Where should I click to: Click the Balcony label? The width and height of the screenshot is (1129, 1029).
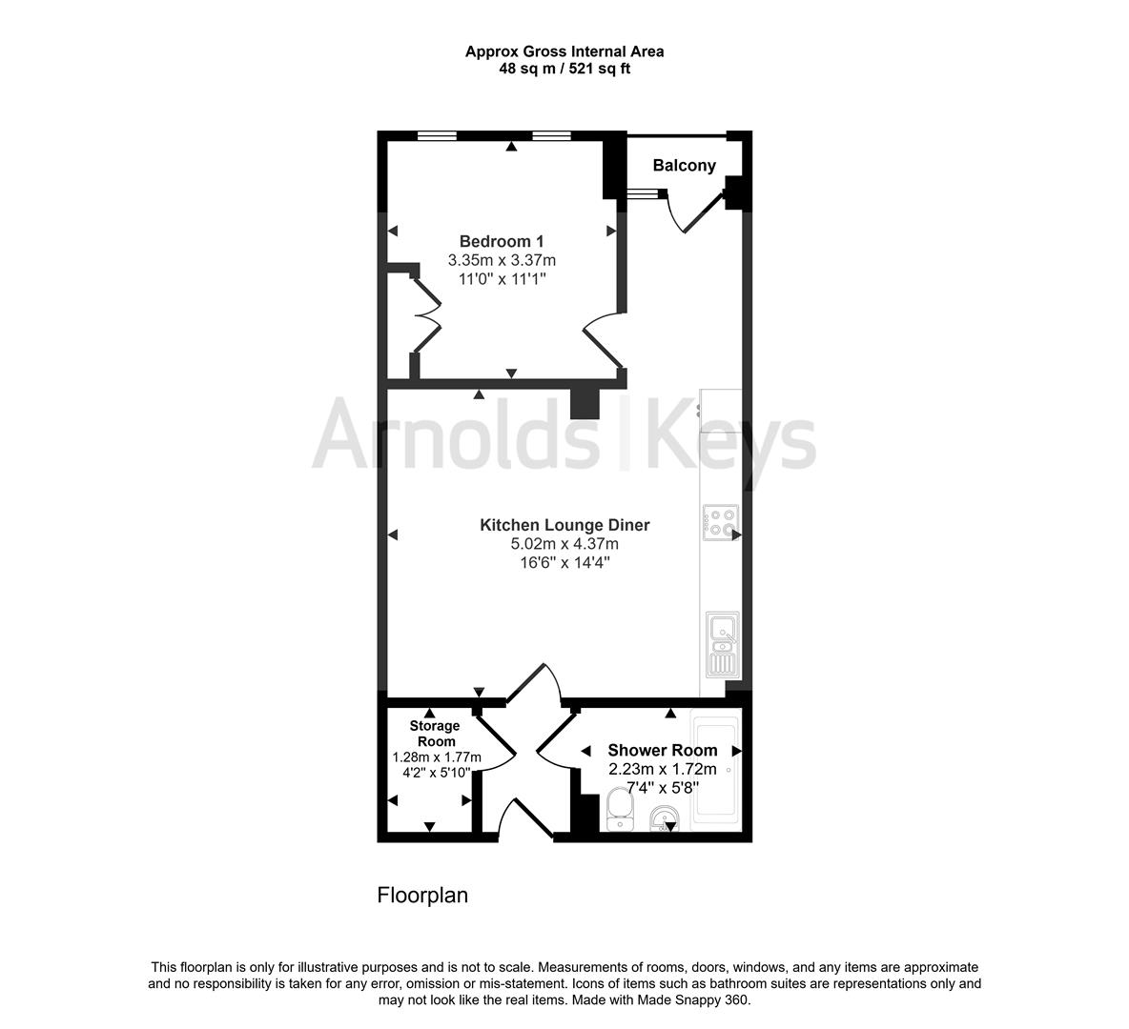coord(684,166)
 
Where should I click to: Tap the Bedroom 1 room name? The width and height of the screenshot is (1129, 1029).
coord(502,241)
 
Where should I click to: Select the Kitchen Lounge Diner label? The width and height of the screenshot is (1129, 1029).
coord(564,525)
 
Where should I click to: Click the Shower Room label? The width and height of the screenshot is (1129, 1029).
coord(662,750)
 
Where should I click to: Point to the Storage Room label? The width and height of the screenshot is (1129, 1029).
coord(435,734)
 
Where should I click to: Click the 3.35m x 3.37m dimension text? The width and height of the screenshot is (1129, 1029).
coord(502,260)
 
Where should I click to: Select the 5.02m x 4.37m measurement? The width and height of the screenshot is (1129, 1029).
coord(564,544)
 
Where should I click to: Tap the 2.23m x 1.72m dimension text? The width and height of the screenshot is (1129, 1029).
coord(662,769)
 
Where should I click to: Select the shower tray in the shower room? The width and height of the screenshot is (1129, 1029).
coord(714,768)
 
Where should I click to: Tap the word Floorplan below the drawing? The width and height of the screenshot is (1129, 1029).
coord(422,896)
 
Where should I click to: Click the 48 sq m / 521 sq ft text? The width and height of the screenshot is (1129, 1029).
coord(564,69)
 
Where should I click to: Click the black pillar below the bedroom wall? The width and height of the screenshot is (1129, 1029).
coord(585,404)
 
